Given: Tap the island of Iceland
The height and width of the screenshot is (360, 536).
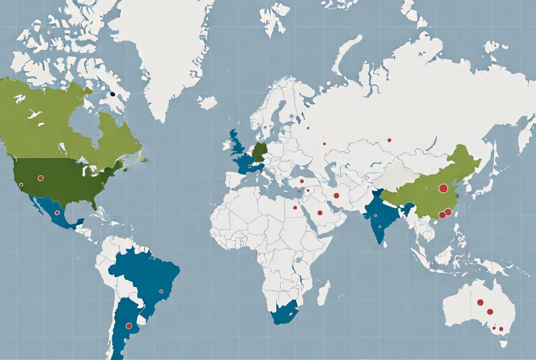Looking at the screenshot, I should [x=207, y=102].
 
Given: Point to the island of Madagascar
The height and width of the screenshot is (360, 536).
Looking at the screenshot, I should [x=324, y=292].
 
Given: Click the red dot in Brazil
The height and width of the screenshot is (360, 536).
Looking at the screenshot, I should [x=161, y=291].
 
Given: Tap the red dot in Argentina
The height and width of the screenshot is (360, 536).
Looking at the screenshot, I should [x=129, y=326].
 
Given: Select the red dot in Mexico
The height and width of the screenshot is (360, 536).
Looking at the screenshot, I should [x=57, y=213].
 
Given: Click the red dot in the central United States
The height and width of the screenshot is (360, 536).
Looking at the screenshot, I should [x=40, y=178].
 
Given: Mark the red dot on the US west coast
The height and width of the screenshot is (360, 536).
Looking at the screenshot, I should [x=21, y=185].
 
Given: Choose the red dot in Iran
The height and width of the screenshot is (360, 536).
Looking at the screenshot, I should [x=336, y=196].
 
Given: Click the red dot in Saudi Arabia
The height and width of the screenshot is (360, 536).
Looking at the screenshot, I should [x=319, y=213].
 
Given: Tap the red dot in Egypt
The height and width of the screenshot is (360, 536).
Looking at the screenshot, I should [x=295, y=207].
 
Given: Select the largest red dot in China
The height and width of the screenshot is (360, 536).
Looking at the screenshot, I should [x=443, y=188].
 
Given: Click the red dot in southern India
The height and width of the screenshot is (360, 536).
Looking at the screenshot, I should [x=380, y=226].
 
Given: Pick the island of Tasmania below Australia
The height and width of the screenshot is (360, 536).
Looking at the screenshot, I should [x=503, y=343].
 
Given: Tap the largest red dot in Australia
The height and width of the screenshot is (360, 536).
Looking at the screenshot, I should [x=480, y=302].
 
